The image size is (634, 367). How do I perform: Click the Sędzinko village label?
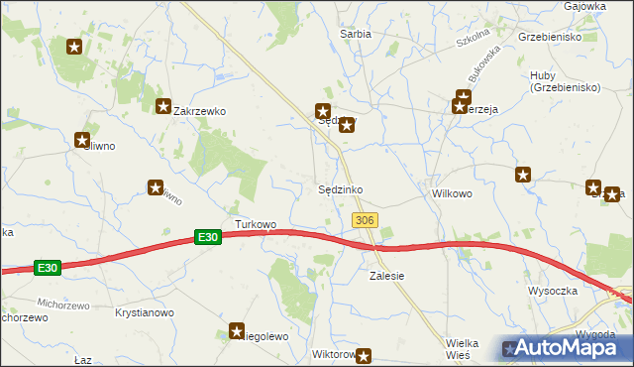tap(346, 189)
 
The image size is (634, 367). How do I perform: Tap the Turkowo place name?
tap(256, 224)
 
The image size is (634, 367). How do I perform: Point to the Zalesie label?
tap(387, 276)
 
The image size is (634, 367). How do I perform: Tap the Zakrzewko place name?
tap(200, 112)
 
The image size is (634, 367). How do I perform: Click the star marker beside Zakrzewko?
tap(163, 106)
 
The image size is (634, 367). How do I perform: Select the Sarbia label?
tap(356, 34)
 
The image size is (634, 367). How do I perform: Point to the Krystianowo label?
tap(145, 312)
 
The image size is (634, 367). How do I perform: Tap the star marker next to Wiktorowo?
tap(365, 355)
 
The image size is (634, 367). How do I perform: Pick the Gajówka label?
tap(584, 6)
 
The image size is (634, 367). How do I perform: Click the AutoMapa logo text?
tap(570, 348)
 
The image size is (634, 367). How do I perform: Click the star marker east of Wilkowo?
tap(522, 176)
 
